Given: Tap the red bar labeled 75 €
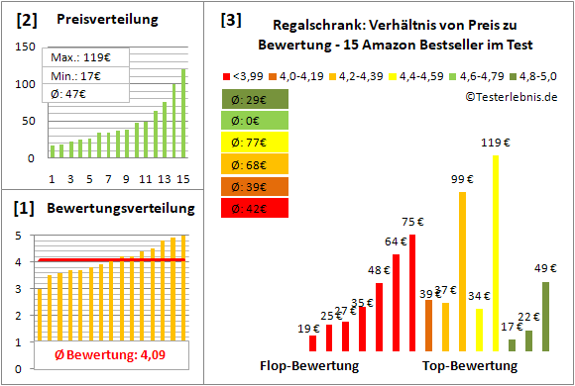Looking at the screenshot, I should click(x=412, y=292).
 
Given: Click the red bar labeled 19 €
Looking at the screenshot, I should click(x=313, y=342).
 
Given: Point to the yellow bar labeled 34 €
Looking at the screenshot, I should click(x=479, y=330).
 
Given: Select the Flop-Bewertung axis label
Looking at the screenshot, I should click(x=310, y=366).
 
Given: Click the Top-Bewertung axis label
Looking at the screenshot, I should click(x=470, y=366).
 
